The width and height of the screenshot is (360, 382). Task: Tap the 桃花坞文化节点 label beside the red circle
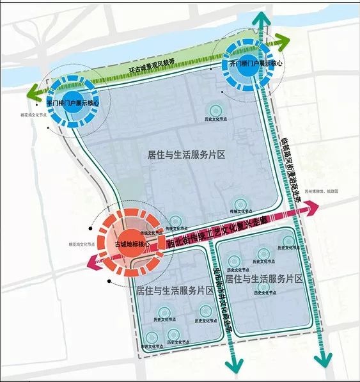coord(80,244)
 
